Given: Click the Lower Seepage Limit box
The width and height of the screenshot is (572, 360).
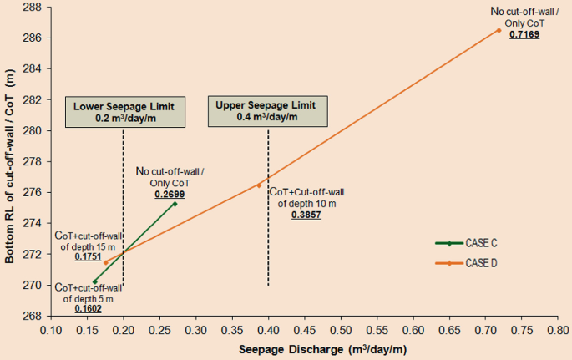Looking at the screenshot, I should pyautogui.click(x=124, y=113).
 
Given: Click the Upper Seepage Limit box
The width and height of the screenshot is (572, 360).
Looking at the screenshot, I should pyautogui.click(x=265, y=111).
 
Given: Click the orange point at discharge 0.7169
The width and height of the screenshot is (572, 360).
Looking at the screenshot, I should pyautogui.click(x=499, y=30).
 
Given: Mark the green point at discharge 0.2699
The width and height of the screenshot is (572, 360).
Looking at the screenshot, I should pyautogui.click(x=175, y=203).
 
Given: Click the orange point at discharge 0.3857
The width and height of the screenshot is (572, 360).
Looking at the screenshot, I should pyautogui.click(x=259, y=185).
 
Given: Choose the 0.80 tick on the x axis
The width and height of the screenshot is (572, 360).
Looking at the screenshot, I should pyautogui.click(x=557, y=329).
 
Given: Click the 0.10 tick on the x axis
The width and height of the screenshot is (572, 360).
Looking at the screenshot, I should pyautogui.click(x=52, y=329).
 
